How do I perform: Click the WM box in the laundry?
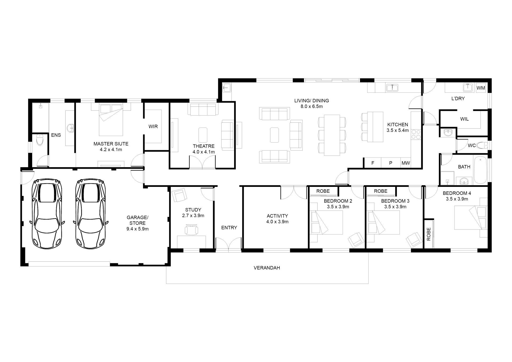coord(481,88)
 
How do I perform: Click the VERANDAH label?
coord(267,268)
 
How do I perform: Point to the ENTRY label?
coord(229,228)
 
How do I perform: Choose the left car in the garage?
coord(47,214)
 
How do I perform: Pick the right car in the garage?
coord(91,214)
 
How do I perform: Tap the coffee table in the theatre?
coord(203,135)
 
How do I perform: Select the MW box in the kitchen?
coord(406,163)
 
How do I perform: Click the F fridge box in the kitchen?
coord(373,163)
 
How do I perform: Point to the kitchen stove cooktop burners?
coord(416,134)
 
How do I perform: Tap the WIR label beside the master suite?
coord(153,126)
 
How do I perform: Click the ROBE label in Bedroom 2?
coord(323,191)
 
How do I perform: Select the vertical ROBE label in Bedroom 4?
coord(429,234)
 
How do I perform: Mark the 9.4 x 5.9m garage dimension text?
coord(138,229)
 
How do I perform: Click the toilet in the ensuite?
coord(39,140)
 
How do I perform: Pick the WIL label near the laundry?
coord(464,119)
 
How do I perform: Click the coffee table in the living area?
coord(275,135)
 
